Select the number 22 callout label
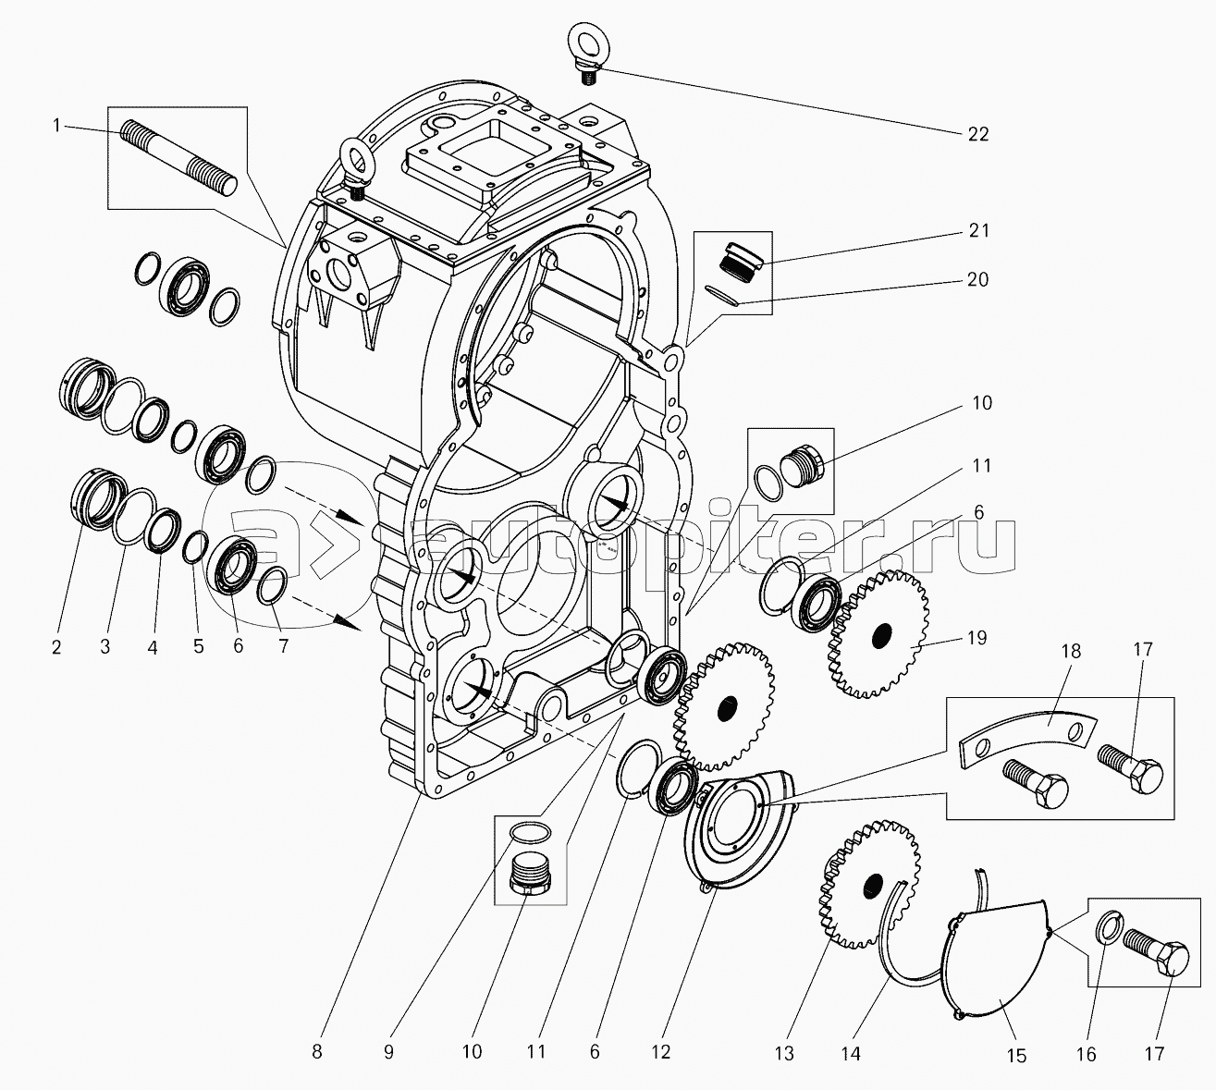tap(977, 134)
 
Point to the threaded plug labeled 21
tap(739, 260)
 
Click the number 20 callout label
tap(977, 280)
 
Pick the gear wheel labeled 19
tap(878, 634)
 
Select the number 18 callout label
tap(1071, 651)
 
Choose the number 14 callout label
tap(851, 1053)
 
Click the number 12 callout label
tap(660, 1051)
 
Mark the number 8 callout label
tap(316, 1051)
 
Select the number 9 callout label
tap(388, 1051)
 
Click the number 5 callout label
tap(198, 646)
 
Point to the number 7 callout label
tap(283, 646)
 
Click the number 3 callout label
tap(104, 646)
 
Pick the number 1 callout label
tap(57, 126)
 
